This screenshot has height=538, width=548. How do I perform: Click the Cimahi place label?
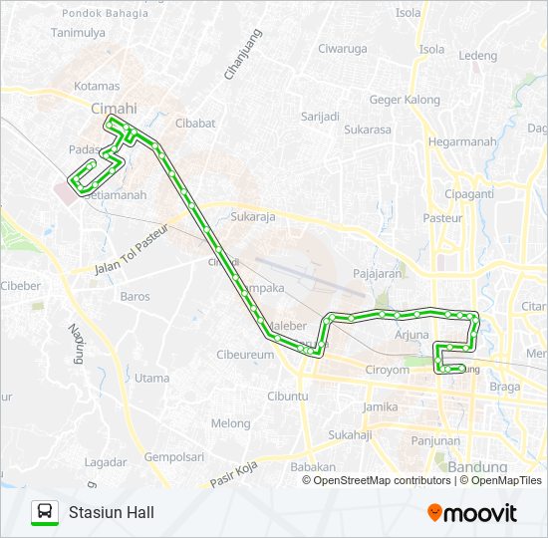[x=114, y=108]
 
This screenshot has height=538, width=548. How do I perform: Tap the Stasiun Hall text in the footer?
[x=111, y=513]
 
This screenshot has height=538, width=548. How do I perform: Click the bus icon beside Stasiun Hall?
[x=44, y=512]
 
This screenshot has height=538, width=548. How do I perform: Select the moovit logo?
[x=472, y=513]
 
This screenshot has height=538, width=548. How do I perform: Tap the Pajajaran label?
[x=377, y=272]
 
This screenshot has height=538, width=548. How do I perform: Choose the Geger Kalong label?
[x=405, y=100]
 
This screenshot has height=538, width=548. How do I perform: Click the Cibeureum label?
[x=244, y=355]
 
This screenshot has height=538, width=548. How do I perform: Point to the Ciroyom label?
[x=387, y=370]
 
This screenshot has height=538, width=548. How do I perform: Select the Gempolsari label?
[x=173, y=457]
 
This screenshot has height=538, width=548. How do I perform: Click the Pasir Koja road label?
[x=235, y=478]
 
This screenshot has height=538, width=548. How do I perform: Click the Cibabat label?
[x=195, y=125]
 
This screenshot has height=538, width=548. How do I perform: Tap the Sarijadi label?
[x=321, y=117]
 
